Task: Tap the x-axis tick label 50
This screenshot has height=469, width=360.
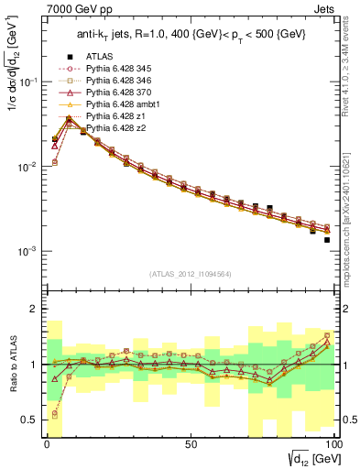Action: pos(190,444)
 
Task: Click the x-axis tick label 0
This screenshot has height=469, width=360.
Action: pos(47,444)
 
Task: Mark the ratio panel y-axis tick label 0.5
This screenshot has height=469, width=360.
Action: pos(27,420)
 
